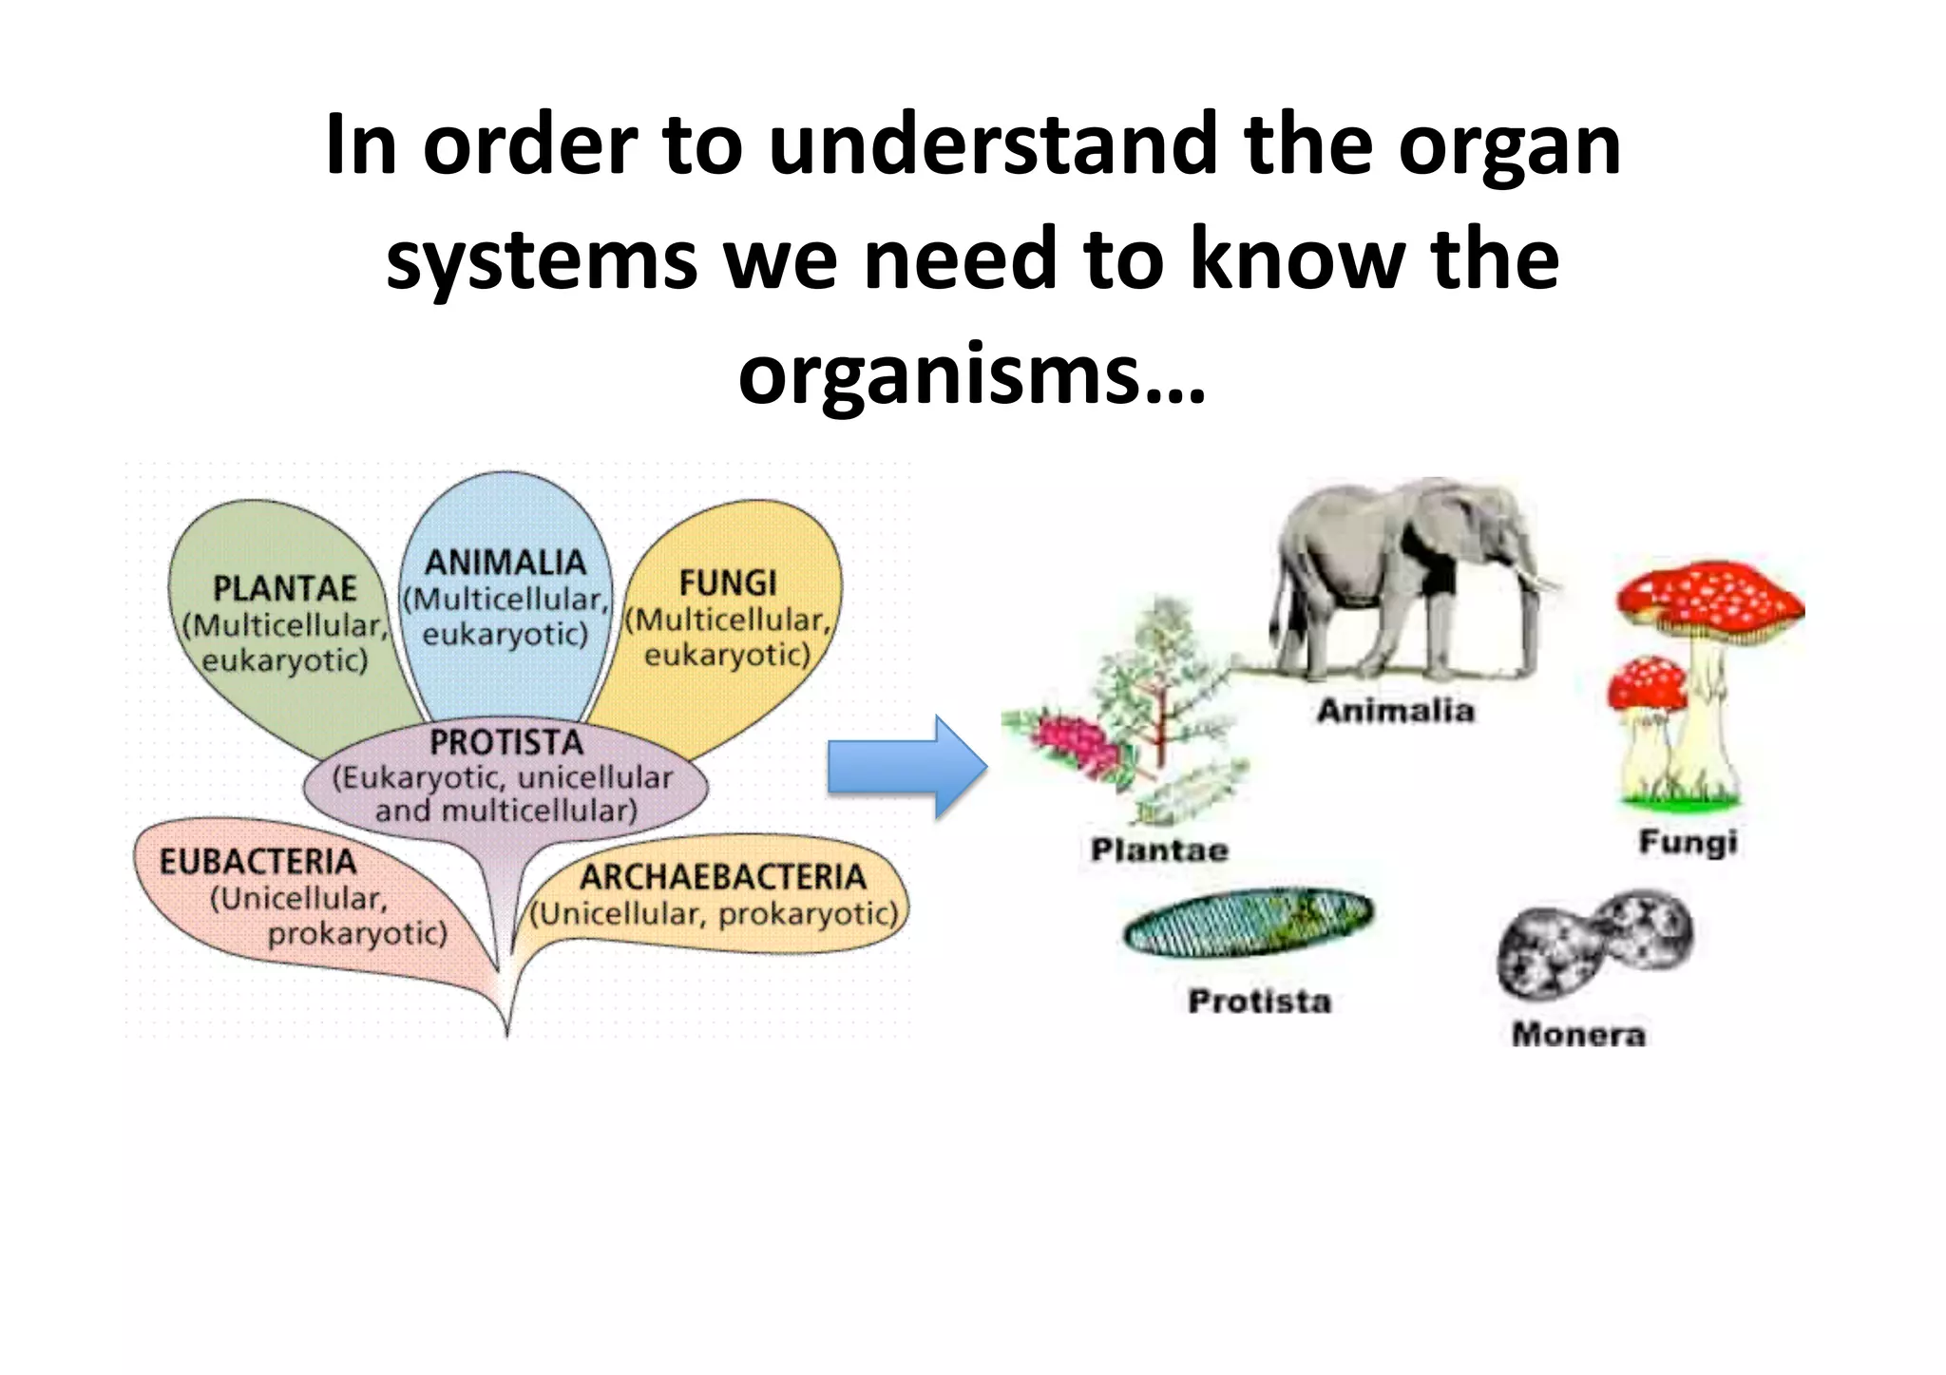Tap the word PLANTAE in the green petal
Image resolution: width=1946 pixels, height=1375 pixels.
pos(284,589)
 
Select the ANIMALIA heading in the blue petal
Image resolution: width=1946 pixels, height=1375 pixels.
pos(505,563)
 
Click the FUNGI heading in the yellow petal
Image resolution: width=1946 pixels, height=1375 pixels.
pos(728,582)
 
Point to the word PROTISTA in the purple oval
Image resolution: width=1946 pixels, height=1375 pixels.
pos(506,742)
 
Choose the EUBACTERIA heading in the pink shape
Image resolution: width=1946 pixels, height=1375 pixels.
pos(258,862)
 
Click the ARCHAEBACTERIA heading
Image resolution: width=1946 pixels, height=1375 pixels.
pos(722,876)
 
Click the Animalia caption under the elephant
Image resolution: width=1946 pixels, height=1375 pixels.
pos(1395,711)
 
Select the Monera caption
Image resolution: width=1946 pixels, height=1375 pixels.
pos(1578,1034)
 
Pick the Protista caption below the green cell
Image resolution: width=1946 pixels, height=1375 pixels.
pos(1259,1001)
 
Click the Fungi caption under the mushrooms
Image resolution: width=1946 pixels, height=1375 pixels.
pos(1688,842)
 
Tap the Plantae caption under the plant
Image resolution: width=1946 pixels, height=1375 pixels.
pos(1159,850)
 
